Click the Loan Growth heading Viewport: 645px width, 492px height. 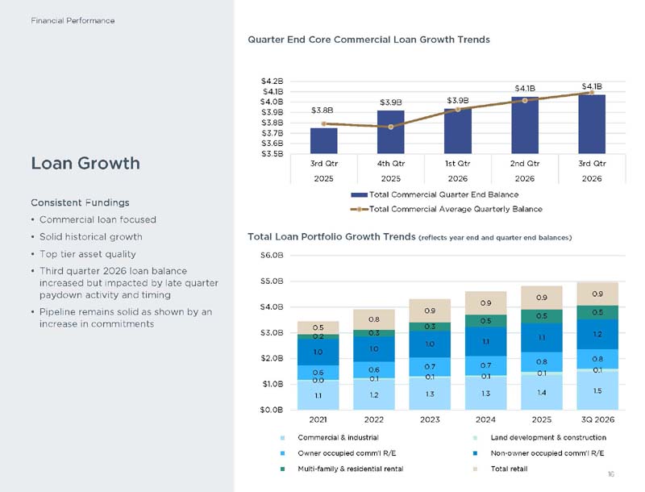click(85, 163)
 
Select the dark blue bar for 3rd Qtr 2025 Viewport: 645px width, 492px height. click(324, 140)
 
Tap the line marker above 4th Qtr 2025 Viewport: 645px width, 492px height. click(391, 127)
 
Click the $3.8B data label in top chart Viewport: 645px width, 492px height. click(322, 110)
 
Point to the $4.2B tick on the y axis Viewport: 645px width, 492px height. click(273, 81)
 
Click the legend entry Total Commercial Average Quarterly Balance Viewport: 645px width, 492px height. click(447, 209)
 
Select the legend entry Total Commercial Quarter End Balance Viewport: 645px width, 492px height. click(435, 194)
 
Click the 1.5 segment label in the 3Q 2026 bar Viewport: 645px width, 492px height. click(597, 391)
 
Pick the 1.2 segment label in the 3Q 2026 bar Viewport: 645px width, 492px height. click(597, 334)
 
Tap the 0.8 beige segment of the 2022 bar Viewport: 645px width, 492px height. click(374, 319)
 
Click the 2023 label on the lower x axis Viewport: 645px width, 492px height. click(430, 419)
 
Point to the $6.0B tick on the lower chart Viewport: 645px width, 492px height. click(273, 256)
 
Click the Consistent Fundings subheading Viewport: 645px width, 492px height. click(80, 202)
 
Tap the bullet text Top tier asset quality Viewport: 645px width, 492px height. click(88, 254)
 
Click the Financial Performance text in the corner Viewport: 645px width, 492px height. click(73, 21)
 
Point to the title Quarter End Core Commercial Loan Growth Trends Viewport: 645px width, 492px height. click(369, 40)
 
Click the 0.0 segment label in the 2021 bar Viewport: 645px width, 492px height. click(318, 381)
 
